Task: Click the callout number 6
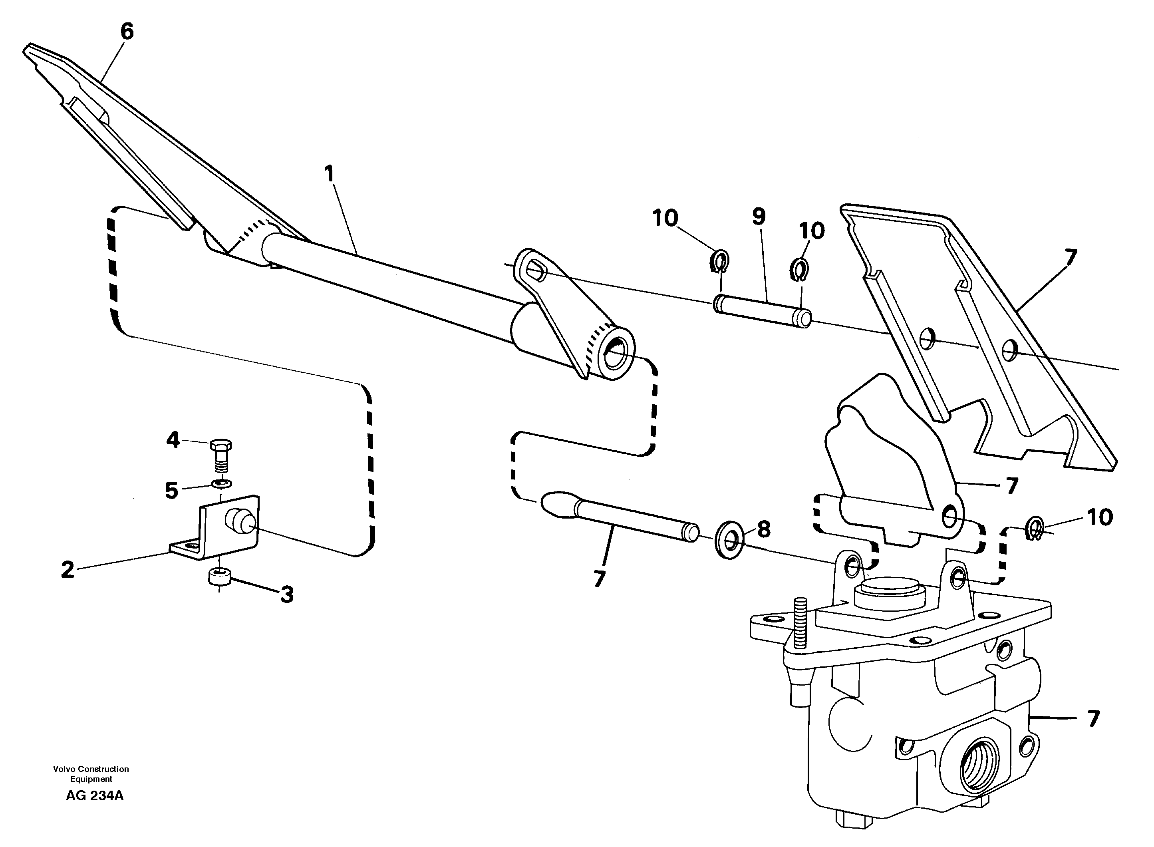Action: coord(127,32)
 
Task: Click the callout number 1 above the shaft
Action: coord(329,174)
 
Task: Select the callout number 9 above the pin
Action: coord(759,217)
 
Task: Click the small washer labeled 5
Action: coord(221,483)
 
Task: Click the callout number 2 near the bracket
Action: coord(68,570)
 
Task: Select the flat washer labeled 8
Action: coord(729,541)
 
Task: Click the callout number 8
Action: coord(764,530)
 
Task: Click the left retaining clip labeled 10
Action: coord(720,261)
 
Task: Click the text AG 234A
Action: coord(95,796)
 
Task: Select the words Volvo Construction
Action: coord(91,769)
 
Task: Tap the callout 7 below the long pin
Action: coord(599,579)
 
